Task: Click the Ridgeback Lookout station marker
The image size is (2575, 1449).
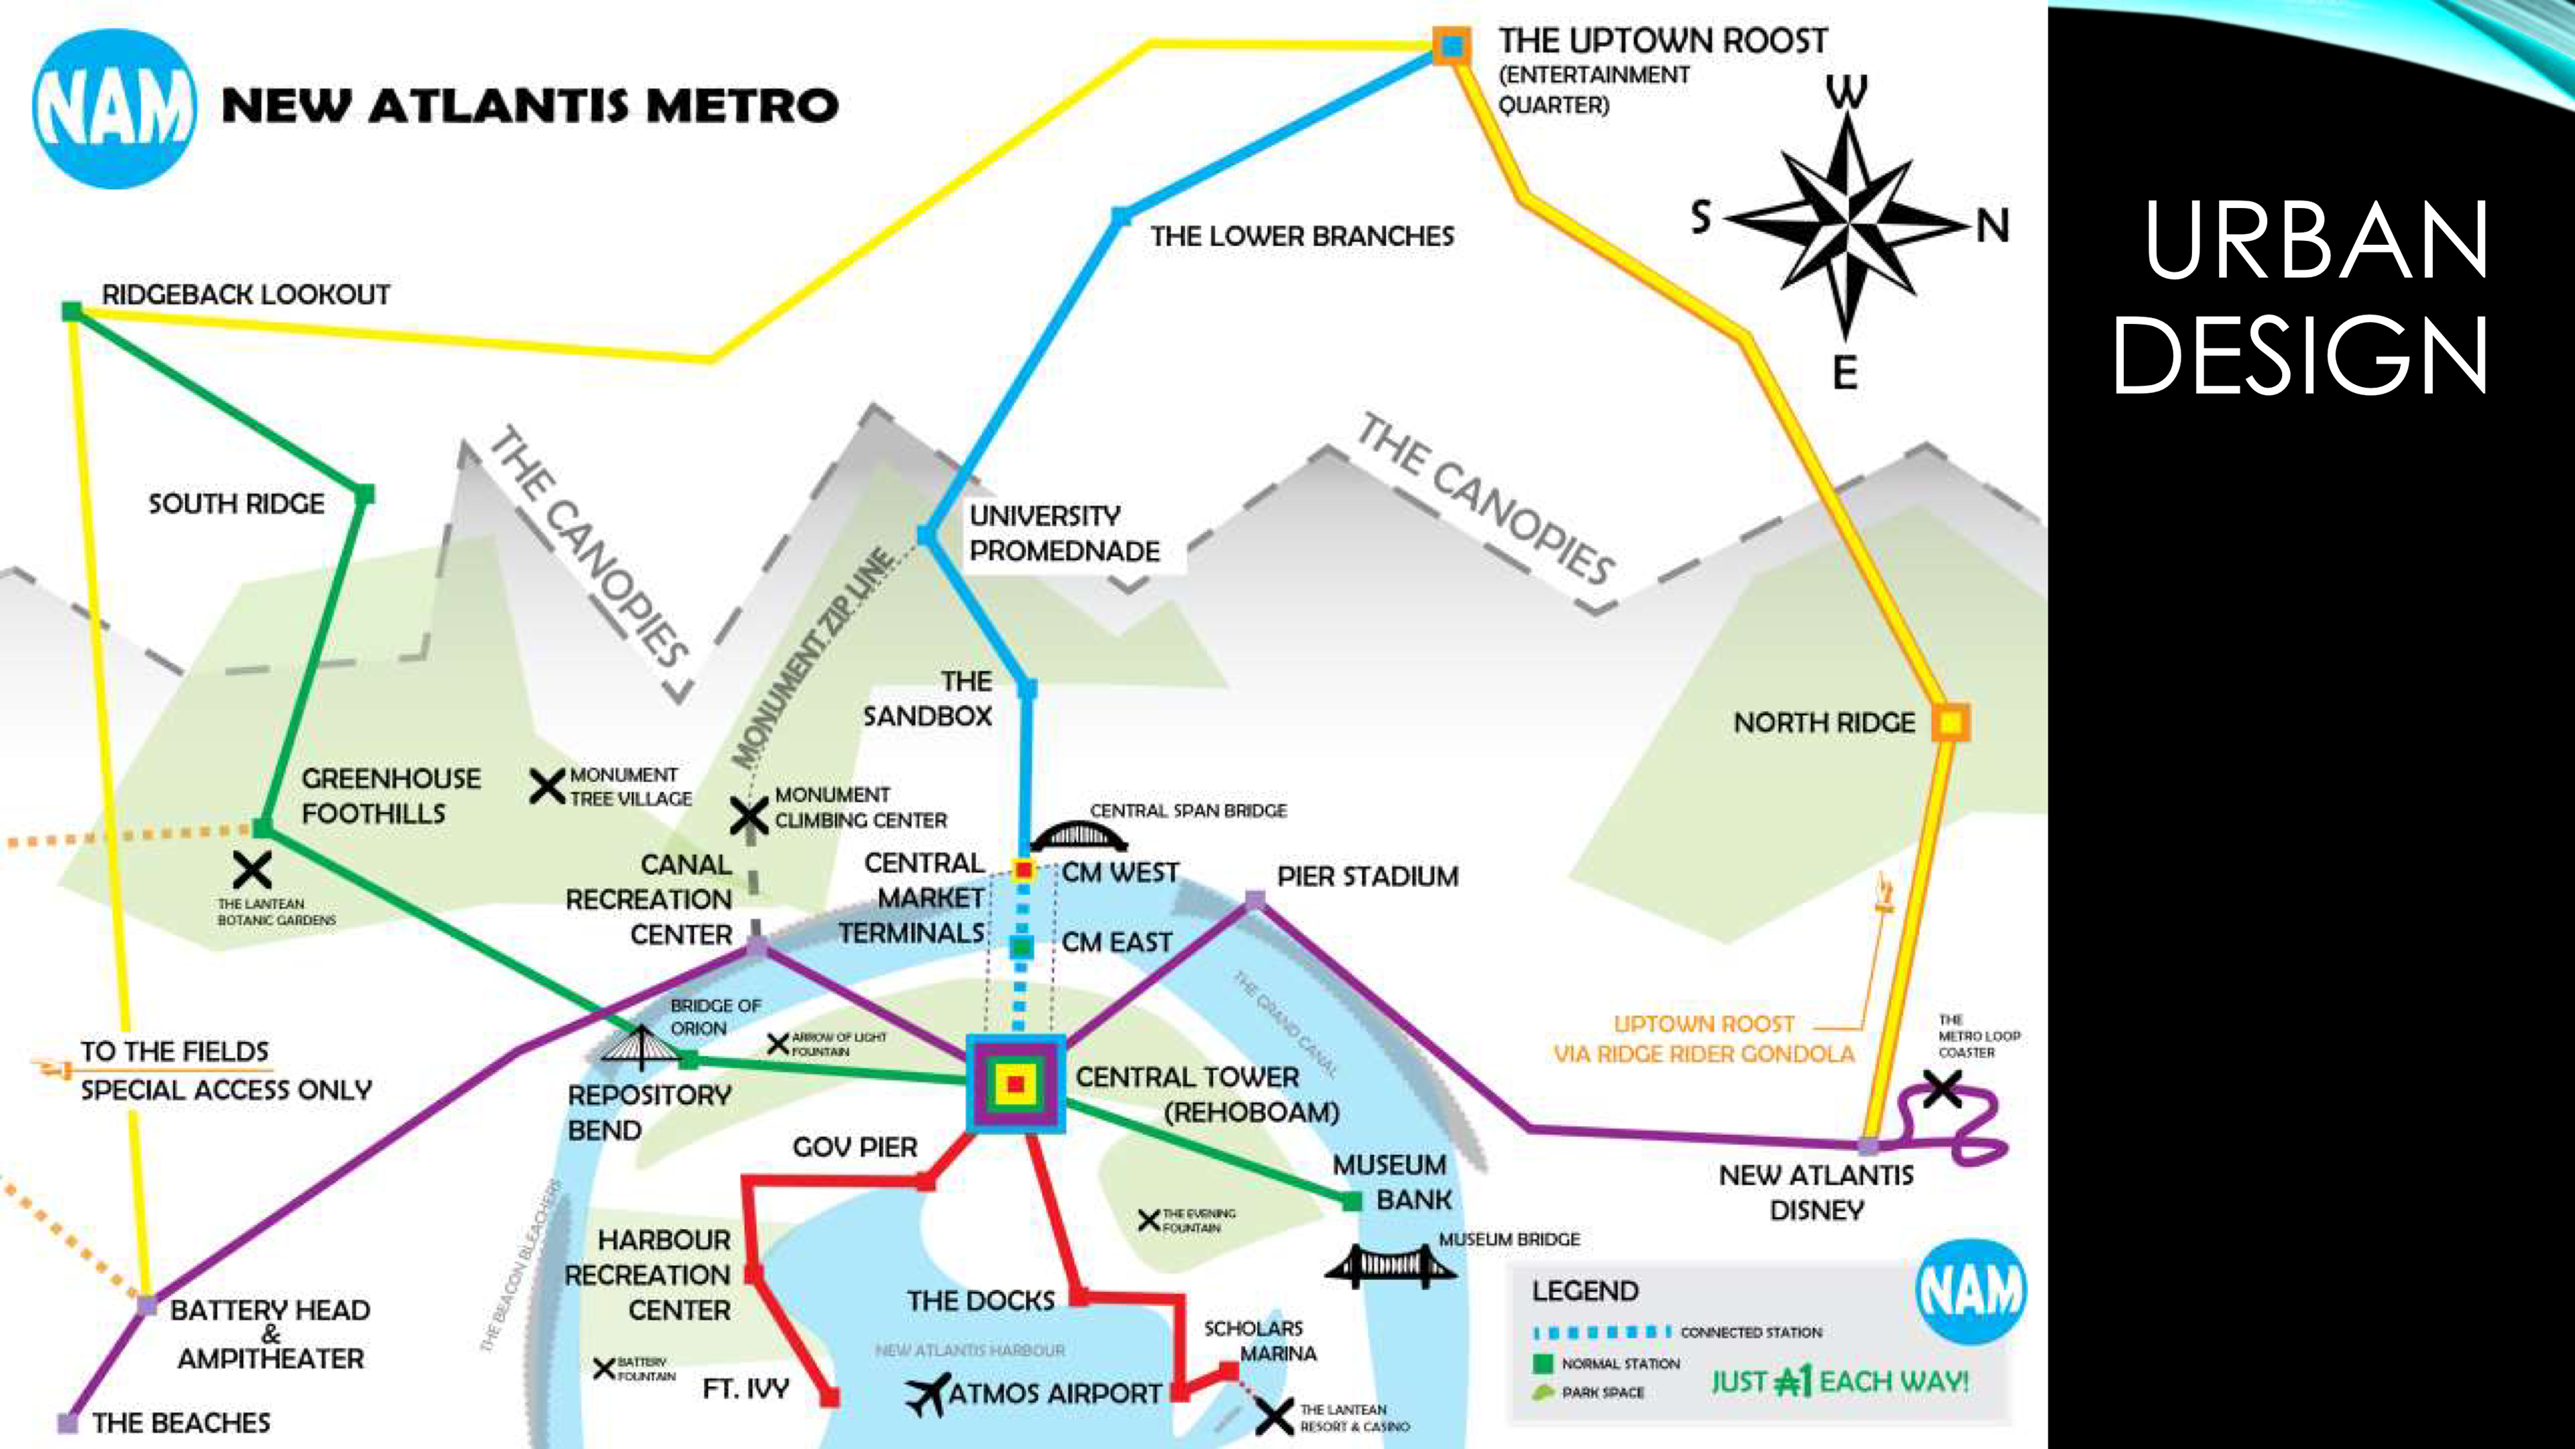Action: click(72, 311)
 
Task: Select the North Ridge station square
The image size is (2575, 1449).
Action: click(1949, 721)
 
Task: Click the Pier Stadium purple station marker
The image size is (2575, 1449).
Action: click(1255, 901)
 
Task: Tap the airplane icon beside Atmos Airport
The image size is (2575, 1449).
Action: click(927, 1394)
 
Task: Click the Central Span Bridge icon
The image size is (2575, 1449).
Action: click(1078, 835)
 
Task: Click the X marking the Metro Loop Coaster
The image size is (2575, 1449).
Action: click(1942, 1088)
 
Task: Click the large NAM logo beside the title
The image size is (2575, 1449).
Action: click(114, 108)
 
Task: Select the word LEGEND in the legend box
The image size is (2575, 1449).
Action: click(1585, 1291)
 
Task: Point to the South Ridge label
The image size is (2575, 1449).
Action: click(237, 503)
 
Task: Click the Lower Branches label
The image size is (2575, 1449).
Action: click(1302, 237)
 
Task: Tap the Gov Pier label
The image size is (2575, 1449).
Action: click(855, 1147)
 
